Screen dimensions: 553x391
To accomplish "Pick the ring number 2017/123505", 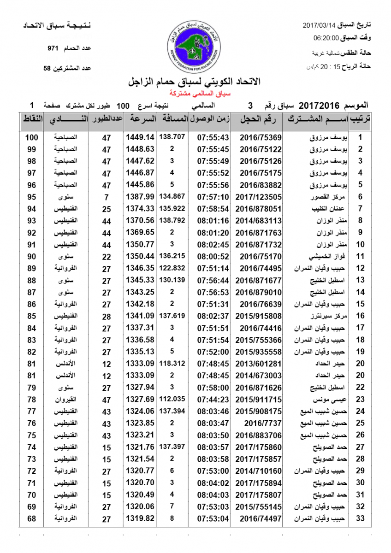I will [258, 197].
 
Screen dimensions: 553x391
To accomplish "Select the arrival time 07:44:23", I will [213, 399].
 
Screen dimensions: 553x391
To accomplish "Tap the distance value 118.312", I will [173, 363].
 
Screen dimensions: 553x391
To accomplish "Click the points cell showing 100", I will [31, 137].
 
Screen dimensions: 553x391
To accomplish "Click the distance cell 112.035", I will [173, 399].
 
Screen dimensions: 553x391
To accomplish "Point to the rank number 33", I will [361, 519].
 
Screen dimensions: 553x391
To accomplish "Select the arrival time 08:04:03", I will [213, 495].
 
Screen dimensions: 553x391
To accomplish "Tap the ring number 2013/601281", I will [258, 363].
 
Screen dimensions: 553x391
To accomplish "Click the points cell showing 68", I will [31, 519].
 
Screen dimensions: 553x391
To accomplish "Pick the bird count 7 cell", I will [107, 197].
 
